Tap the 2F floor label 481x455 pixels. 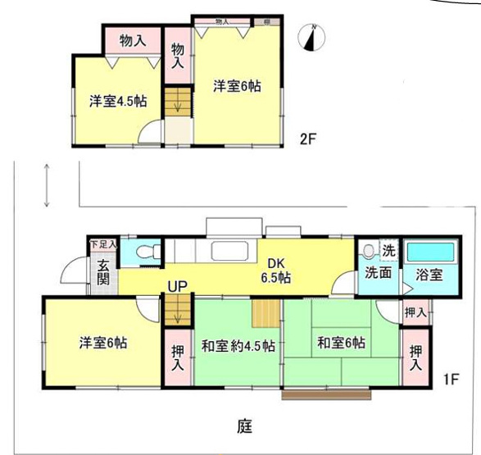click(307, 139)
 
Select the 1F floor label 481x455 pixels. click(449, 380)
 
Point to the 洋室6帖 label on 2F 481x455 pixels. click(237, 85)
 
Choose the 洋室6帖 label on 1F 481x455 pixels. click(103, 342)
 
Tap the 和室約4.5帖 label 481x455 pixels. click(238, 344)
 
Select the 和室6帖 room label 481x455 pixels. click(342, 342)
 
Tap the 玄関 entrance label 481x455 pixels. click(104, 271)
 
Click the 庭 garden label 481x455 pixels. click(244, 426)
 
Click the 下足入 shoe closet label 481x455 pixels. click(103, 243)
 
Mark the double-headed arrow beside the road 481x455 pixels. click(48, 185)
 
